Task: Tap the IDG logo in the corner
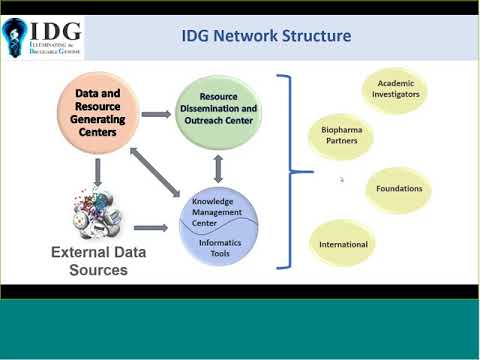click(x=43, y=36)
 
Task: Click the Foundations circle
click(x=398, y=188)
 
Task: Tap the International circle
click(x=343, y=244)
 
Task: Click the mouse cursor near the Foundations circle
click(x=342, y=180)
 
